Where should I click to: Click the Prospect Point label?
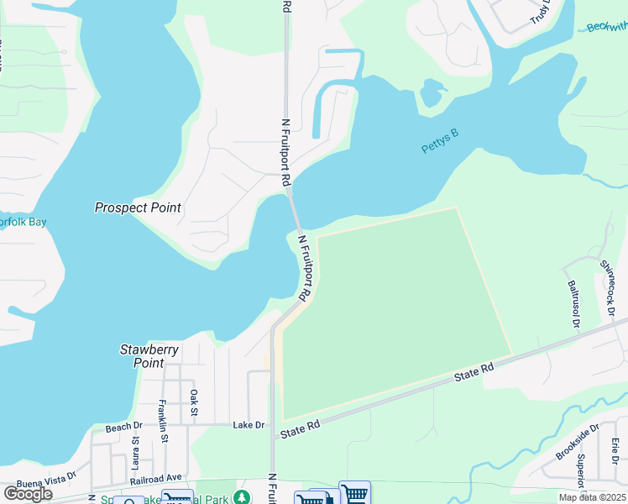point(138,207)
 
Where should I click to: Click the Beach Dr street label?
point(123,428)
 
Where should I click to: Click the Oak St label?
point(194,402)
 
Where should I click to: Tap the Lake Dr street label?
point(249,425)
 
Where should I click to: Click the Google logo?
point(28,493)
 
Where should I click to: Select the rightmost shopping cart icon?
point(355,493)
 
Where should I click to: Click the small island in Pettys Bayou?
point(432,92)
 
